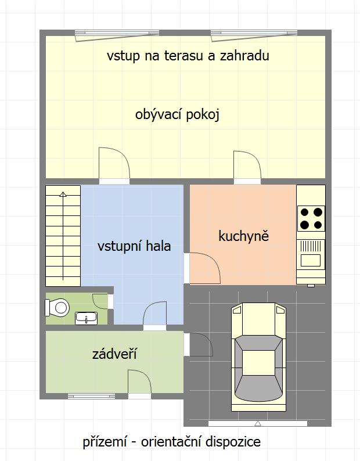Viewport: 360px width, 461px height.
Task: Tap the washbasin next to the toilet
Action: (86, 318)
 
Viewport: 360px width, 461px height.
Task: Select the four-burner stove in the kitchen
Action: (311, 218)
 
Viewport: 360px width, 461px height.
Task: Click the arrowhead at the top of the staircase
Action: (63, 194)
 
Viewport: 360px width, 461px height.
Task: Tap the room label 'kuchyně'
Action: (243, 236)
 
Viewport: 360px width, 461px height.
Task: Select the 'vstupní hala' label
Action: (134, 246)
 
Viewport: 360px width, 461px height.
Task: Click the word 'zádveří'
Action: (114, 354)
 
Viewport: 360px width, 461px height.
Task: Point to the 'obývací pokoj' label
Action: (177, 114)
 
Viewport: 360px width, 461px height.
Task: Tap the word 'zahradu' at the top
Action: (244, 56)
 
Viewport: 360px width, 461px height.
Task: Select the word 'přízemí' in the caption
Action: (105, 442)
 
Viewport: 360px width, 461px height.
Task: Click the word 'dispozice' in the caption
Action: (233, 442)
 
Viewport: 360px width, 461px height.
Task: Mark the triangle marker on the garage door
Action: (258, 423)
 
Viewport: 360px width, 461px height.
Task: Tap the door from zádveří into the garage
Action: (199, 344)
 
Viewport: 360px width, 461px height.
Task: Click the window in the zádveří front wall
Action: (91, 397)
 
